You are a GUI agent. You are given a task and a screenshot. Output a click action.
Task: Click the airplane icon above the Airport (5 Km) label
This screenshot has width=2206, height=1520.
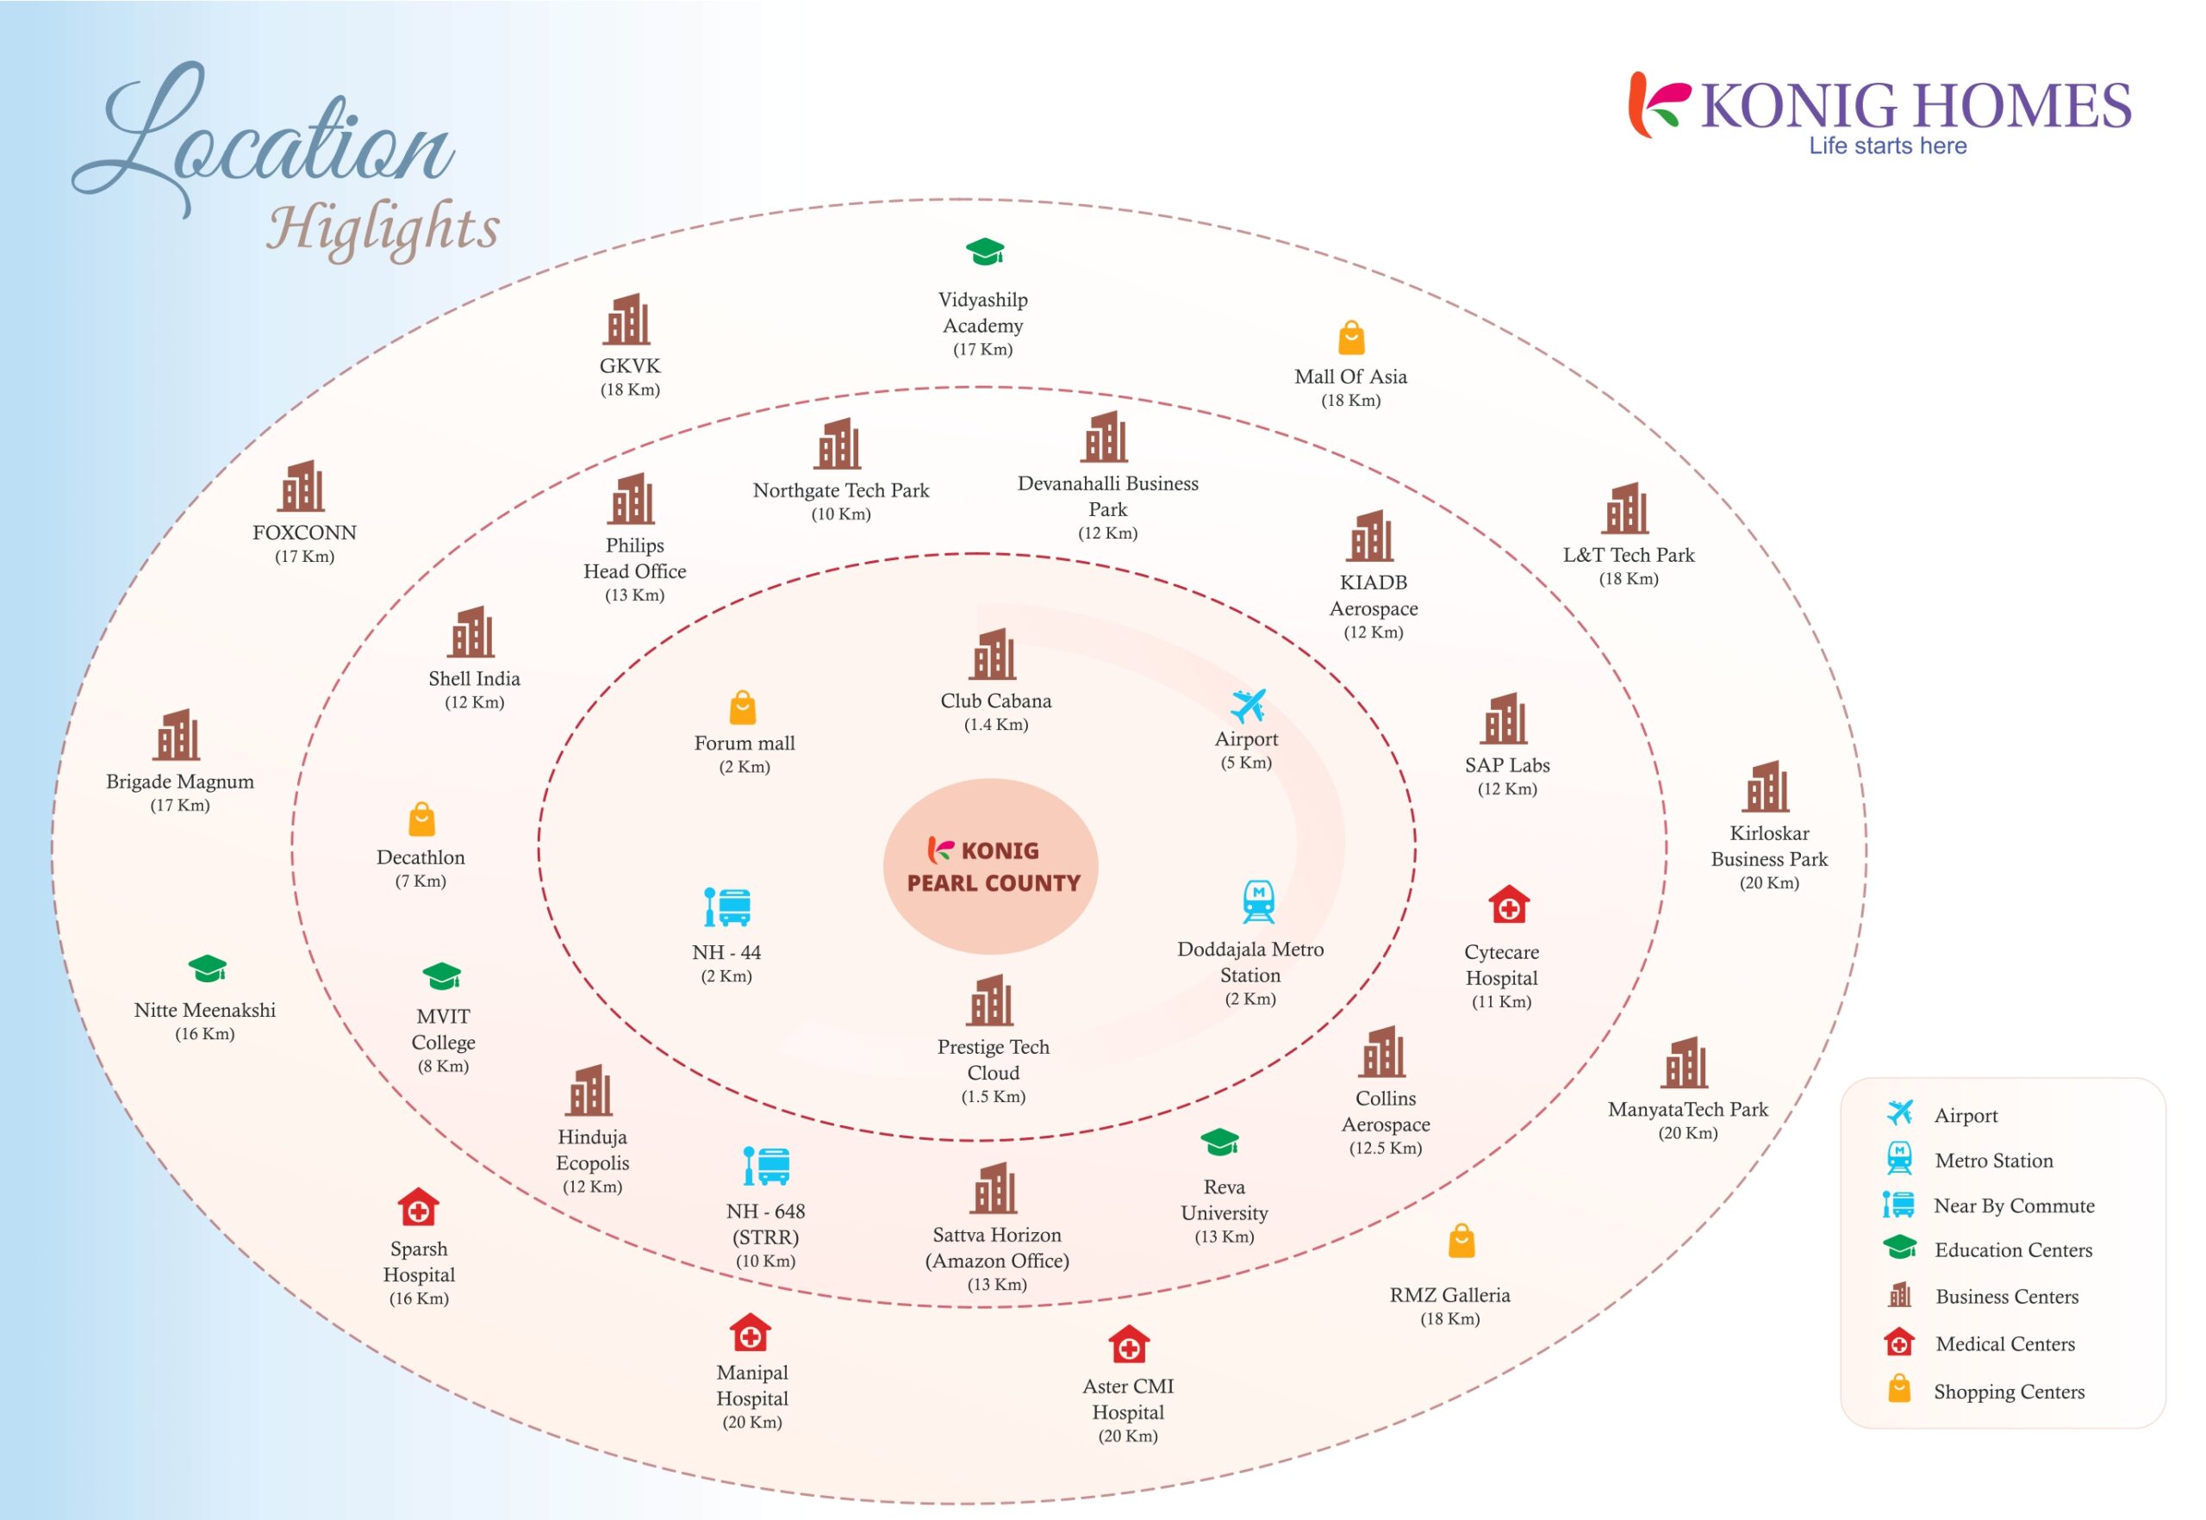[x=1247, y=707]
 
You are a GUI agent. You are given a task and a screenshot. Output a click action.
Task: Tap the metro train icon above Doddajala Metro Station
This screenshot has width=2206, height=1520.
[x=1258, y=902]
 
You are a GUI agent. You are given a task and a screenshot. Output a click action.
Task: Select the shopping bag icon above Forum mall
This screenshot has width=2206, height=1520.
[x=742, y=707]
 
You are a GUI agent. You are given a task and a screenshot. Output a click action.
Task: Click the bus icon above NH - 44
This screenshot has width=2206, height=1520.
[x=727, y=907]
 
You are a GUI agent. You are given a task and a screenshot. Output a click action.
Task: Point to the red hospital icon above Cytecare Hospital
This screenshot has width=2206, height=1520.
[x=1508, y=905]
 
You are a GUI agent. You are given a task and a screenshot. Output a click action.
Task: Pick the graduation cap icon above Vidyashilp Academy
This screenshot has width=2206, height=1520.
[x=985, y=252]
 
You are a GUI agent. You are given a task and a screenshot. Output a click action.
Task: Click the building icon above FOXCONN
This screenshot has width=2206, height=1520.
[x=301, y=487]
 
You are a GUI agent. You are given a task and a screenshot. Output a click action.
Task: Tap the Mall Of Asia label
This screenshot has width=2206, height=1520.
[x=1349, y=377]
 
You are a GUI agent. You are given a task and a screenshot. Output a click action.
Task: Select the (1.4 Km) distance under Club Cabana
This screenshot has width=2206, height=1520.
[x=995, y=725]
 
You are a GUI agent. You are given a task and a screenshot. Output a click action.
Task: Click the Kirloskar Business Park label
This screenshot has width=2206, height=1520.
[x=1769, y=845]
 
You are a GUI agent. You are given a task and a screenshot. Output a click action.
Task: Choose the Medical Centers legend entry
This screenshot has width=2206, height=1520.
[x=2004, y=1344]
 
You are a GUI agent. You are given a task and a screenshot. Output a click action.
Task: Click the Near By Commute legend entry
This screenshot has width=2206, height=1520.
[x=2013, y=1205]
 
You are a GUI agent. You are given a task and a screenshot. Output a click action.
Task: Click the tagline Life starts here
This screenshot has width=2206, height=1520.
[x=1887, y=146]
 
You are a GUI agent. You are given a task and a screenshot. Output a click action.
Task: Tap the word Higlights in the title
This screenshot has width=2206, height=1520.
[x=383, y=227]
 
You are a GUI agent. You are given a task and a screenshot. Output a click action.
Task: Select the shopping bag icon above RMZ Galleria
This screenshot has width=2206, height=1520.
[x=1461, y=1241]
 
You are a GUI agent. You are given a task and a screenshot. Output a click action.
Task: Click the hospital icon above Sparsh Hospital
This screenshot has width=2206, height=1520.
[x=418, y=1207]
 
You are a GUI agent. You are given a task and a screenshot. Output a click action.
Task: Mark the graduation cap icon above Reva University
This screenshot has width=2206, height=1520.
[x=1219, y=1142]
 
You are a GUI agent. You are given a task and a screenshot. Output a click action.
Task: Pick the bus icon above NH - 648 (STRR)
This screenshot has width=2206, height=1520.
[x=766, y=1166]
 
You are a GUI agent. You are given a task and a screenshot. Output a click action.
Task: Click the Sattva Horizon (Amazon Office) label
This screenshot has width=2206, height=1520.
[x=996, y=1248]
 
